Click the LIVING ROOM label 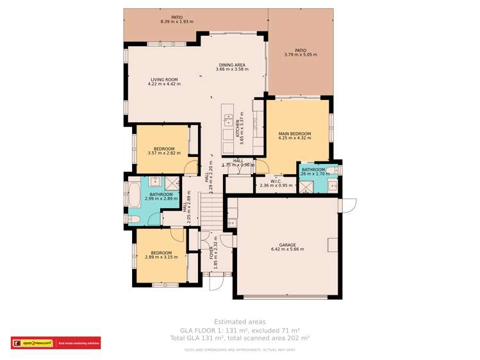[163, 79]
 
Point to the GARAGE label [287, 244]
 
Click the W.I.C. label [276, 181]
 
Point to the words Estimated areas [240, 322]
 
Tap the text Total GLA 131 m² [240, 337]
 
